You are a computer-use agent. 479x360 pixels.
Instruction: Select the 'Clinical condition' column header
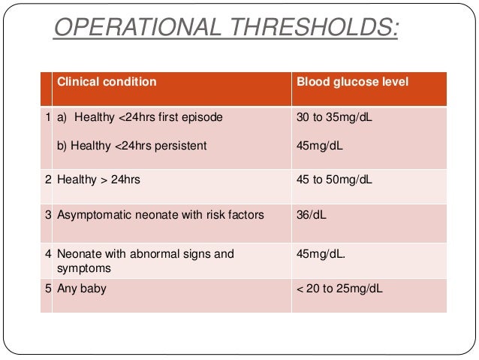click(107, 82)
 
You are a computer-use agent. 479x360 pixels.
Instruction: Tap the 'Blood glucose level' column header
click(353, 82)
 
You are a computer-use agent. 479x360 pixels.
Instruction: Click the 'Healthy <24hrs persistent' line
click(133, 145)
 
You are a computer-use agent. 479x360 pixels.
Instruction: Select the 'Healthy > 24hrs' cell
click(99, 180)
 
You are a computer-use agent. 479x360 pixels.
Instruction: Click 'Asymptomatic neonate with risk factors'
click(161, 215)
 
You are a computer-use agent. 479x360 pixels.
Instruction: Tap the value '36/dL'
click(312, 215)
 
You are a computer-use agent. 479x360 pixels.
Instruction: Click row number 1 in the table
click(47, 118)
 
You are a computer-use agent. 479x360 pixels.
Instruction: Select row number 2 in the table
click(47, 180)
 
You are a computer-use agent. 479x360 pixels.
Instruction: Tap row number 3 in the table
click(47, 215)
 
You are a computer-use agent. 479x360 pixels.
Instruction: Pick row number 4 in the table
click(47, 254)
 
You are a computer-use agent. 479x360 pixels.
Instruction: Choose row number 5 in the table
click(47, 289)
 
